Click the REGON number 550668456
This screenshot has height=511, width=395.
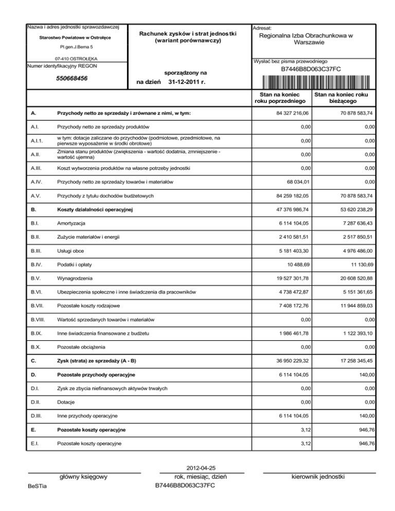71,79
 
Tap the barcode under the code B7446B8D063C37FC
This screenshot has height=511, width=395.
311,82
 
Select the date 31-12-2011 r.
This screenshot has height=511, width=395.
187,82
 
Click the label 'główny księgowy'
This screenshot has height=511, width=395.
83,477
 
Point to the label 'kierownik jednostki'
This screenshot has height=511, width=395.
320,477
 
